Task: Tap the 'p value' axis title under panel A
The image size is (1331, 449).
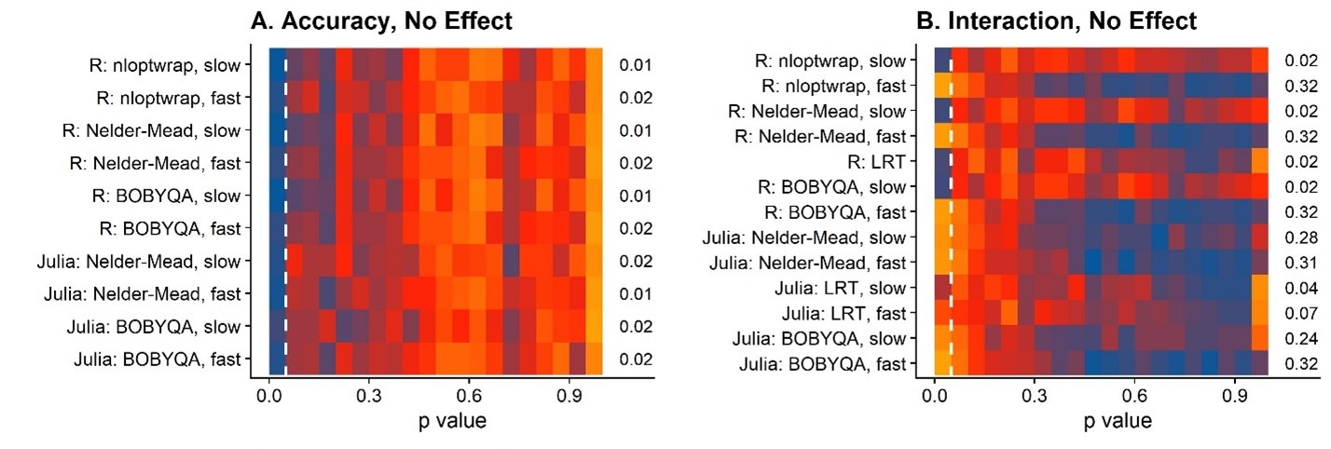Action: pyautogui.click(x=451, y=421)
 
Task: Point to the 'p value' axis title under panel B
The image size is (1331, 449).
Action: pyautogui.click(x=1117, y=421)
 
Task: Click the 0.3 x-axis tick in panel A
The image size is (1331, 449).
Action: pyautogui.click(x=369, y=395)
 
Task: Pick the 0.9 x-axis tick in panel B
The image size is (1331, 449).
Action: pyautogui.click(x=1234, y=395)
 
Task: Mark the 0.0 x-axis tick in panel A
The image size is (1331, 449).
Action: pyautogui.click(x=269, y=395)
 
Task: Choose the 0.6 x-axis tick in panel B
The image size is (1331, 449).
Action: pyautogui.click(x=1134, y=395)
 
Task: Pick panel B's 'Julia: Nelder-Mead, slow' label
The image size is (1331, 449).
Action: pyautogui.click(x=807, y=238)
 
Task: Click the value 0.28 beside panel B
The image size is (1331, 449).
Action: pyautogui.click(x=1300, y=238)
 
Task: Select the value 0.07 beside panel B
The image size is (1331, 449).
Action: pyautogui.click(x=1300, y=313)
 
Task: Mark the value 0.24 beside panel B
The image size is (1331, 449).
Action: pyautogui.click(x=1300, y=338)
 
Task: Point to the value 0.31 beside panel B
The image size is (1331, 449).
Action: pyautogui.click(x=1300, y=263)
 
